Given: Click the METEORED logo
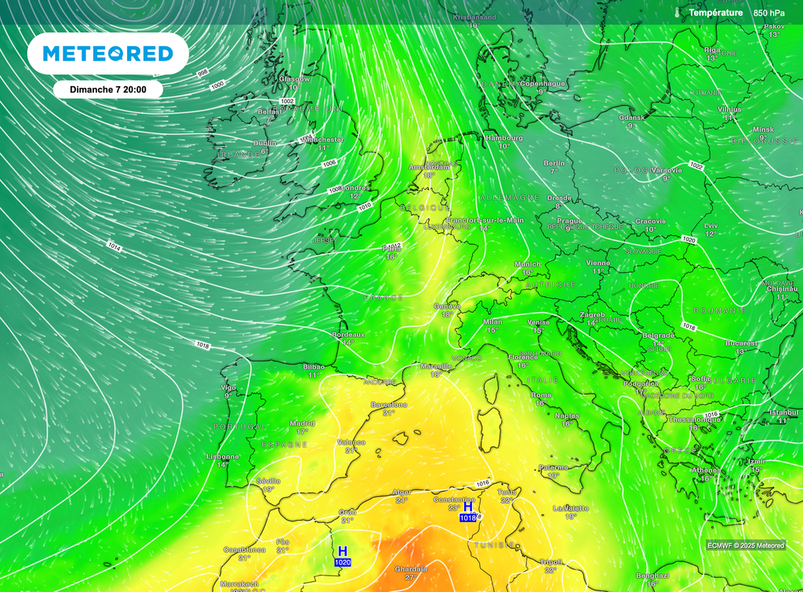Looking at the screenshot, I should coord(107,53).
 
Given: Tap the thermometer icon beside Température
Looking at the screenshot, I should coord(676,13).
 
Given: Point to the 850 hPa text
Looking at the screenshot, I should coord(768,13).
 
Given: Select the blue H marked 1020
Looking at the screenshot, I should coord(342,552).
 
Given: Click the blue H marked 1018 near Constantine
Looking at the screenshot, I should coord(468,507).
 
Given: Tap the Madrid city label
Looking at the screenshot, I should coord(302,423).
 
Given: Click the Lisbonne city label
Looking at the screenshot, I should coord(222,456).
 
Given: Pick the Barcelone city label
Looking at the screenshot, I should coord(389,405).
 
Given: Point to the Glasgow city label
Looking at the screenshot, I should coord(294,78).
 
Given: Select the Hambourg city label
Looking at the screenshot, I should coord(503,137).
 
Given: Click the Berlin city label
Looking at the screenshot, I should coord(554,163).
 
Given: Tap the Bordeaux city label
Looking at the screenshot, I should coord(348,335).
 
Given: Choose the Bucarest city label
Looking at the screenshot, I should coord(741,343).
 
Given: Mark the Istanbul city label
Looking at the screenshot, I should coord(783,412).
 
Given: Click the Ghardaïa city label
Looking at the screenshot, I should coord(411,568).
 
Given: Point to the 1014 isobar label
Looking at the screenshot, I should coord(114,246).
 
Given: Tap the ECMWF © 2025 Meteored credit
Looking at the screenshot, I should coord(745,545).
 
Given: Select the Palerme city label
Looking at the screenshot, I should coord(554,467).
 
